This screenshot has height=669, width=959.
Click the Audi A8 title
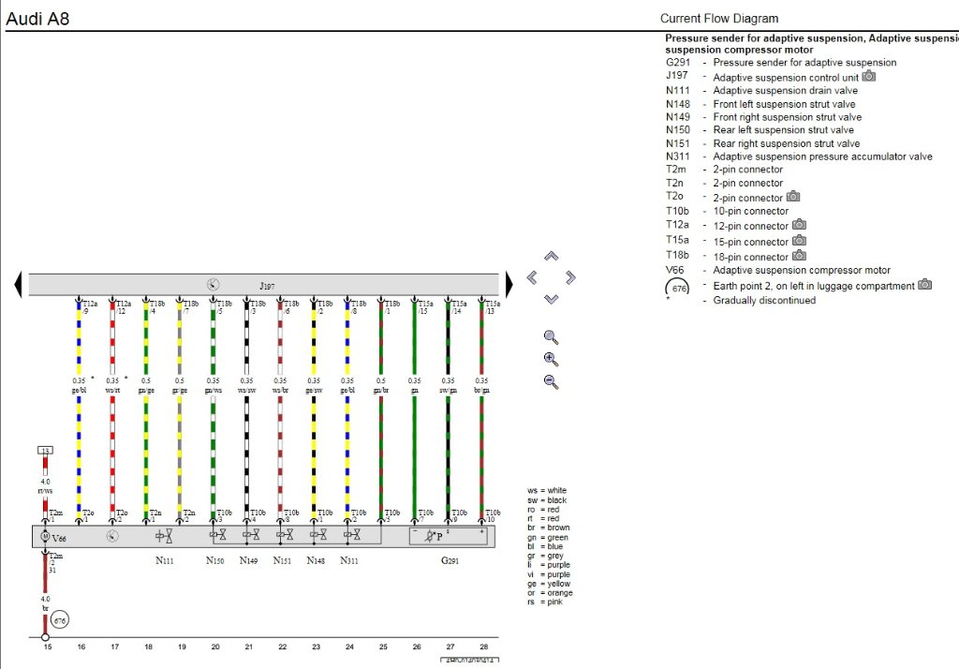(37, 18)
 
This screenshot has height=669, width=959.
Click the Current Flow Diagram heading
(718, 18)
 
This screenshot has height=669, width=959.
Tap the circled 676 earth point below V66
(60, 620)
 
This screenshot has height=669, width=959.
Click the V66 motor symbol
(44, 537)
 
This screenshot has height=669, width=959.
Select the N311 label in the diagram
(349, 561)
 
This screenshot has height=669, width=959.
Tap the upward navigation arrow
(551, 256)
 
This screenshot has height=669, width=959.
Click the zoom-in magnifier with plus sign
(551, 359)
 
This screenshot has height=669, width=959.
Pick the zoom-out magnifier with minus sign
(551, 381)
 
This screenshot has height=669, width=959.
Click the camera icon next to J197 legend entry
(868, 77)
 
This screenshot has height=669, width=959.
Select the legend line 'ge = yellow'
(550, 583)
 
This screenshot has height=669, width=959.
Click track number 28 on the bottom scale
(483, 647)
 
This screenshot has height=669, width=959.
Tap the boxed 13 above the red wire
(44, 452)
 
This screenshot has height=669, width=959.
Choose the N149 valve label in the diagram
(248, 561)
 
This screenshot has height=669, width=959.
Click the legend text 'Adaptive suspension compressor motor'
(801, 270)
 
